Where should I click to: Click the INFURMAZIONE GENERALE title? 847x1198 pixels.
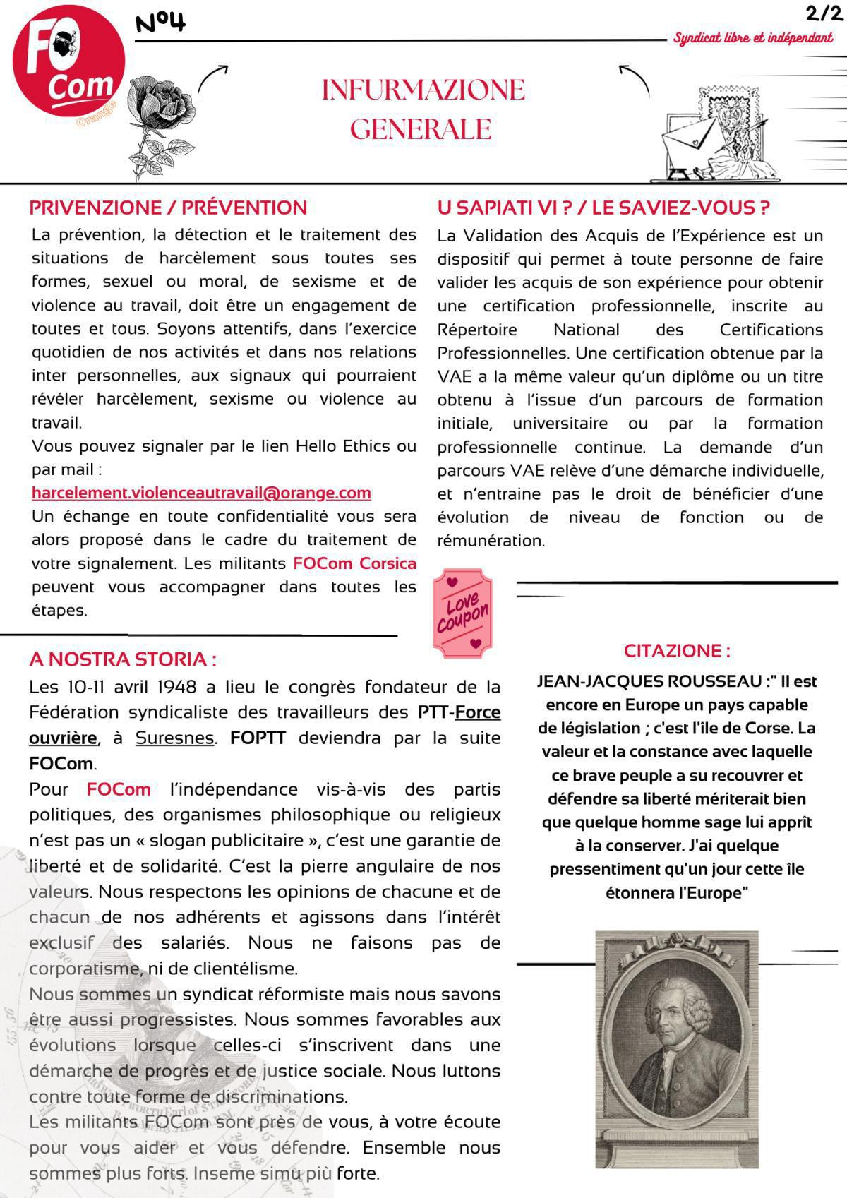[423, 109]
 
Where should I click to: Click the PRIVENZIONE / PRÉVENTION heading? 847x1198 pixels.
[168, 208]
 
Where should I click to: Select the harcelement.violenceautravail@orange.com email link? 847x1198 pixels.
[201, 493]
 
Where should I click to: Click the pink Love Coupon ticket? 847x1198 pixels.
[462, 613]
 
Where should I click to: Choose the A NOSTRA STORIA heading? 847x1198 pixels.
[122, 659]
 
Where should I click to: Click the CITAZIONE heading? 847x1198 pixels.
[677, 650]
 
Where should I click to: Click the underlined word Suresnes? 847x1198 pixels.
[174, 738]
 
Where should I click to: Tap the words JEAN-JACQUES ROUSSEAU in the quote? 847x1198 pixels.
[649, 681]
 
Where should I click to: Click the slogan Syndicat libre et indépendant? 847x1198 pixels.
[752, 38]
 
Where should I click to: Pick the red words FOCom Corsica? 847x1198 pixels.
[354, 563]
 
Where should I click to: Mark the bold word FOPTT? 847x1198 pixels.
[258, 738]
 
